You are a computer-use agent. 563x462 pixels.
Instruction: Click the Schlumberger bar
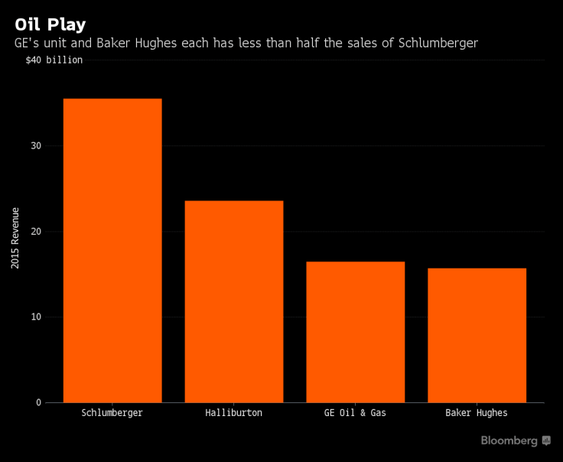pos(112,250)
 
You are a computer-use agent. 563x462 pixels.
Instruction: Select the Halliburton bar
pos(234,301)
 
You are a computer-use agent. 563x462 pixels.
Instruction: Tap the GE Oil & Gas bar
pos(355,332)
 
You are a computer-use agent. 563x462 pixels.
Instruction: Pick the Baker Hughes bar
pos(477,335)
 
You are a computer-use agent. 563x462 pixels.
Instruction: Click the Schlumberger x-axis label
pos(112,413)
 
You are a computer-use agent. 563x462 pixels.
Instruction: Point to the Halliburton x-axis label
pos(234,413)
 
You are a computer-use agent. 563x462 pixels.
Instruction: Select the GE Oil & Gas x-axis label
pos(355,413)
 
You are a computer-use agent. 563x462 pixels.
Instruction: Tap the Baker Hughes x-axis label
pos(477,413)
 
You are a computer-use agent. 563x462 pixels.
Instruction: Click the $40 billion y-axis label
pos(54,60)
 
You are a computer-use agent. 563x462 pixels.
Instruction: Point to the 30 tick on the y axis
pos(36,145)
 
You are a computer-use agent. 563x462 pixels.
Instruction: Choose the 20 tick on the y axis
pos(36,231)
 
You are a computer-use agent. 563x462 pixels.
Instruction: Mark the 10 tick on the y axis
pos(36,317)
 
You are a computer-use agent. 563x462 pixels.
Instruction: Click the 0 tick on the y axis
pos(38,402)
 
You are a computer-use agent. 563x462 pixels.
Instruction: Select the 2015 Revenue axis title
pos(15,237)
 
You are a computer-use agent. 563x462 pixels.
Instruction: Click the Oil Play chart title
pos(50,24)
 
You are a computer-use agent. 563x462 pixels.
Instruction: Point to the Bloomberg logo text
pos(509,441)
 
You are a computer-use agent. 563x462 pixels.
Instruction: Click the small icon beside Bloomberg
pos(546,441)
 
